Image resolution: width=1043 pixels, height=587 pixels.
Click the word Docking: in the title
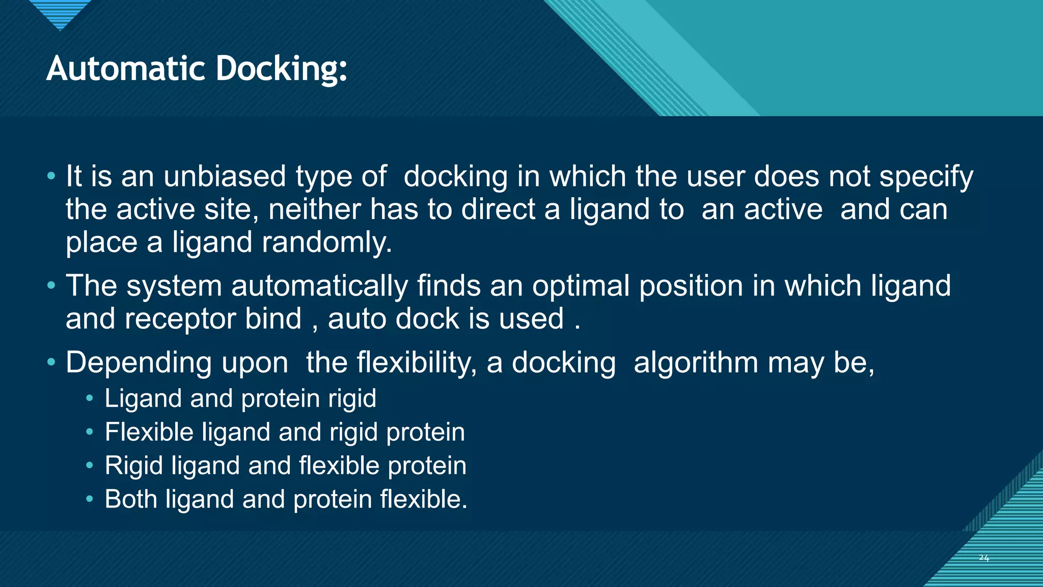[281, 69]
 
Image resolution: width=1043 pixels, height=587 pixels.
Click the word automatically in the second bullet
[319, 286]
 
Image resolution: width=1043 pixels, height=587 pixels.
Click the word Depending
[138, 364]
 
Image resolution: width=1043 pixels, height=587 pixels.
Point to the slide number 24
[983, 558]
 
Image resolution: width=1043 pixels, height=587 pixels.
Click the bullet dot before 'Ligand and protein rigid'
[90, 398]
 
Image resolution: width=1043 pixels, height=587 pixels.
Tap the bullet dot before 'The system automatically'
[51, 285]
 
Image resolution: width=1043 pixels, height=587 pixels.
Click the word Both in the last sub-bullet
[130, 499]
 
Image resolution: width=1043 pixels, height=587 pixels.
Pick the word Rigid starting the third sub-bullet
[133, 466]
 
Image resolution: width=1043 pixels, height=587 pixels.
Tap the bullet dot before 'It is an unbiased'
[51, 176]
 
